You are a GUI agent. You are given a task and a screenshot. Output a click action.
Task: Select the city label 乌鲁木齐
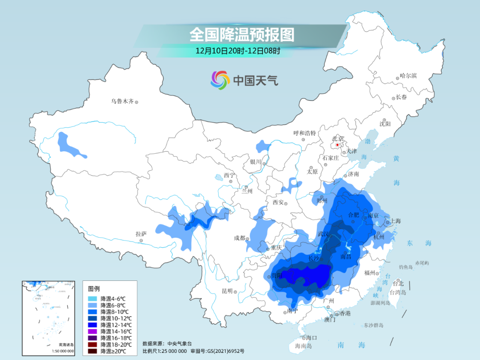[x=122, y=101]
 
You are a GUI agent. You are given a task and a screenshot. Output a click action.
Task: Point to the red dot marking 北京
[x=338, y=145]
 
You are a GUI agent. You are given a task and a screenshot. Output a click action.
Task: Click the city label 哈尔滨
[x=408, y=76]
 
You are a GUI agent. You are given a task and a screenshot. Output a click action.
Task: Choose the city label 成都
[x=240, y=238]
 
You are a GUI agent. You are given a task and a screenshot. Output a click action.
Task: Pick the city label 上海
[x=395, y=221]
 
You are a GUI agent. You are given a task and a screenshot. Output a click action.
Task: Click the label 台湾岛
[x=398, y=292]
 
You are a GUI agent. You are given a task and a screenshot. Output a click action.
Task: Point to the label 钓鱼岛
[x=406, y=267]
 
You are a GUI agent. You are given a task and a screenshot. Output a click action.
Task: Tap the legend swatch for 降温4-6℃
[x=93, y=298]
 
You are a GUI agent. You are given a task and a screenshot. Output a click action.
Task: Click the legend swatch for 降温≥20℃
[x=93, y=351]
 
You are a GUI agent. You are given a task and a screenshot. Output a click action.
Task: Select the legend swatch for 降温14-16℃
[x=93, y=331]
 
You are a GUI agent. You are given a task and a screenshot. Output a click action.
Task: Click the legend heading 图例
[x=94, y=288]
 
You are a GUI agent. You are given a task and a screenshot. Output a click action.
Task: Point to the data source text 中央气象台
[x=179, y=344]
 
